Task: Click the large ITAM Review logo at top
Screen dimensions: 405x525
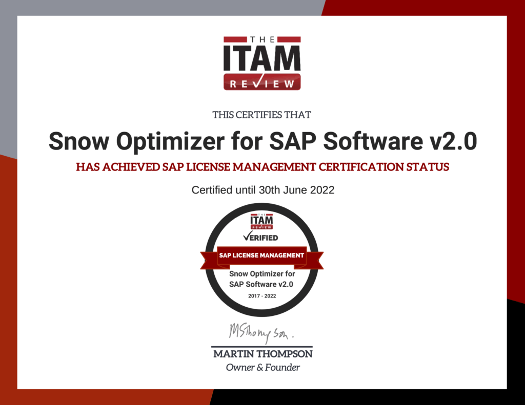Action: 262,62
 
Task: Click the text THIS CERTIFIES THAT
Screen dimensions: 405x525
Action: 262,115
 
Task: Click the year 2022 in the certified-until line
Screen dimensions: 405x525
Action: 322,190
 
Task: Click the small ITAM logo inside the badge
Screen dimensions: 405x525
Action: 262,220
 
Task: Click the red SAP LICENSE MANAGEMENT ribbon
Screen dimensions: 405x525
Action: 262,255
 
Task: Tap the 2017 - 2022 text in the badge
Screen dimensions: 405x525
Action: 262,296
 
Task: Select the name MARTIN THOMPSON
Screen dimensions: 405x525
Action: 262,354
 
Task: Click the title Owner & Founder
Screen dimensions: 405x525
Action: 262,368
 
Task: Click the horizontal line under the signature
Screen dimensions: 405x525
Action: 262,347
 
